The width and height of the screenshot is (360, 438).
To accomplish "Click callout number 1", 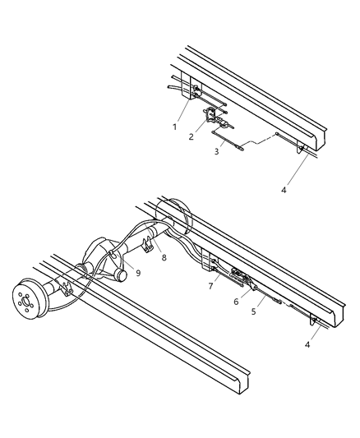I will (x=174, y=127).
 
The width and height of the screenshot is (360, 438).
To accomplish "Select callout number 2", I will (x=191, y=136).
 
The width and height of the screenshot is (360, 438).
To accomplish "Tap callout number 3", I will (x=217, y=152).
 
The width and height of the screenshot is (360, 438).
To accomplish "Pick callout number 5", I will (x=254, y=312).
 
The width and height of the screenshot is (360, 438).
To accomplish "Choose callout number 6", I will (x=235, y=302).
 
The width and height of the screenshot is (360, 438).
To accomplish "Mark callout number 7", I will (x=211, y=286).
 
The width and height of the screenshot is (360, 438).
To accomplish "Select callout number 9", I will (x=138, y=273).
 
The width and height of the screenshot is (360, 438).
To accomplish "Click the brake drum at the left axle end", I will (x=31, y=300).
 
